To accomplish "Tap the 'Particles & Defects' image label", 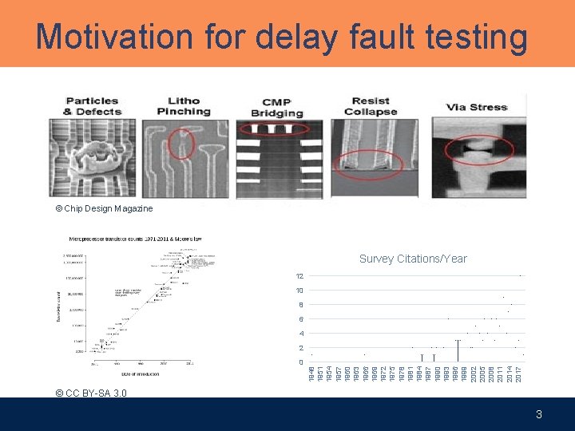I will tap(92, 106).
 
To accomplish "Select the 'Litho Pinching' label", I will tap(188, 106).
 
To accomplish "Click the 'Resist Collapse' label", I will tap(371, 106).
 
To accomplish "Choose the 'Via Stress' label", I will tap(477, 107).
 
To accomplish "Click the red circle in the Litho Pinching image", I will tap(181, 145).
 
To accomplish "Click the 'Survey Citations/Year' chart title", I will tap(413, 259).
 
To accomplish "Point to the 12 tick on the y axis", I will tap(299, 276).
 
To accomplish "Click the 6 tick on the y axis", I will tap(300, 319).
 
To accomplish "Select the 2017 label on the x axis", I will tap(518, 373).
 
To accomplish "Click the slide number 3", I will tap(539, 414).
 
